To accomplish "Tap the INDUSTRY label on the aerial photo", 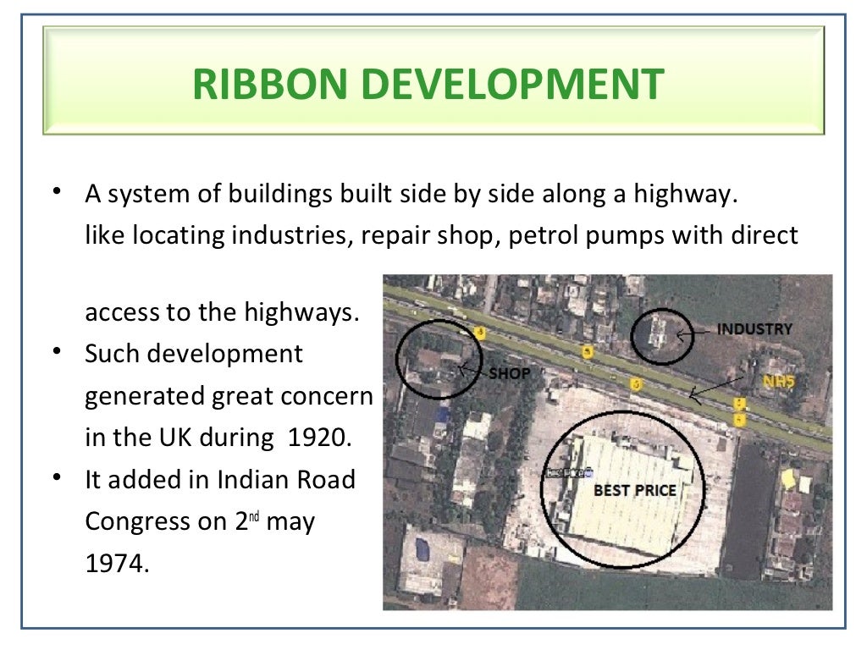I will (x=754, y=329).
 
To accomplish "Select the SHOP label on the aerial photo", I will (x=510, y=373).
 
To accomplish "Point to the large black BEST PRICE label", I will (x=635, y=490).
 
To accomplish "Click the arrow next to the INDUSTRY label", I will (x=693, y=333).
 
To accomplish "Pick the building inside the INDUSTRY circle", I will (x=656, y=333).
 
